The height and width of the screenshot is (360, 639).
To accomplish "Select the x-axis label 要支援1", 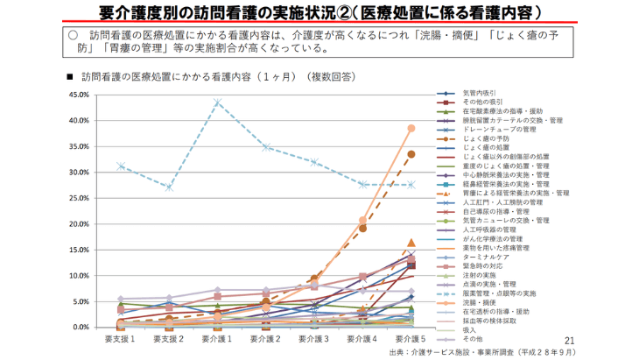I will click(x=120, y=338).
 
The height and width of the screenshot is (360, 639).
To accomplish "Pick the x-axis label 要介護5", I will click(x=411, y=338).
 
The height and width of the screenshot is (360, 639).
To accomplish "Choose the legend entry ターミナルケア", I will click(x=483, y=257).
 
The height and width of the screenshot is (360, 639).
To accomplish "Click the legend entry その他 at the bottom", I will click(x=473, y=338).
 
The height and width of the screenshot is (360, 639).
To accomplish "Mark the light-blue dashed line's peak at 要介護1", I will click(x=217, y=102).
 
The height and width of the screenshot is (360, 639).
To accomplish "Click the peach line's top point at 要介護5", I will click(x=411, y=128).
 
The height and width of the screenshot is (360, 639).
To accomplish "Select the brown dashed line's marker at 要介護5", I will click(x=411, y=154).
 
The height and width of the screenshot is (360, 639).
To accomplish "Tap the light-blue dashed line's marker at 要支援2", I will click(x=169, y=187).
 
